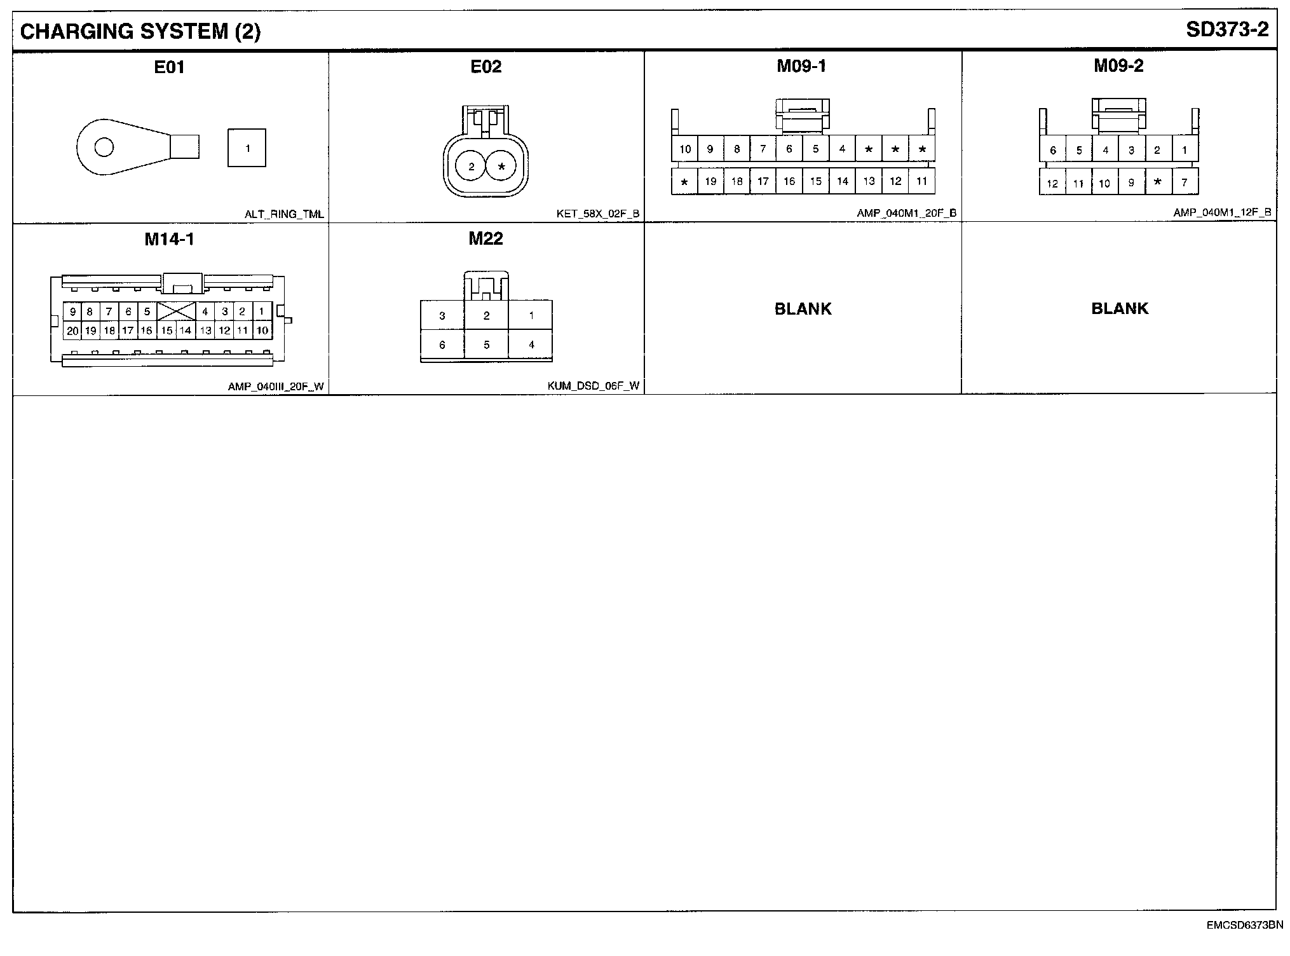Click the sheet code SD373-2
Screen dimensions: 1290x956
[1227, 29]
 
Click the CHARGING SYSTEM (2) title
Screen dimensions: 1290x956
[140, 31]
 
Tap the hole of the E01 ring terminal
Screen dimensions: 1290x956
[104, 147]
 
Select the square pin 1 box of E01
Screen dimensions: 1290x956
[247, 148]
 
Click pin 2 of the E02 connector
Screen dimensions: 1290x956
[472, 167]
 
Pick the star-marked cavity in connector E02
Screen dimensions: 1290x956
[502, 167]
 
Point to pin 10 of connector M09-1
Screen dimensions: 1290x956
[684, 149]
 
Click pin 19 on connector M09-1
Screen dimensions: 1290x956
[710, 181]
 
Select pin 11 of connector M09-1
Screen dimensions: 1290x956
[921, 181]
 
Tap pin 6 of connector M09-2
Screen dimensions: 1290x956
[1053, 151]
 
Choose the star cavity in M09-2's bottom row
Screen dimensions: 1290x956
[1158, 182]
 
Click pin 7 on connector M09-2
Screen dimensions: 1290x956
[1185, 182]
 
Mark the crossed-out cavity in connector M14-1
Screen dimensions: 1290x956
[176, 311]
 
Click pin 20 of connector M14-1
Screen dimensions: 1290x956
[72, 331]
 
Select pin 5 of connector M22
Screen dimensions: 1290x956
[487, 345]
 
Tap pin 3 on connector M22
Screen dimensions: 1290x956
[442, 315]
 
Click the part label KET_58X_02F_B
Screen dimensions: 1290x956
[597, 214]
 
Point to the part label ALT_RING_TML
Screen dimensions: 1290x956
[284, 214]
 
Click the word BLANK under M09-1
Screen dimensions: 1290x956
[803, 309]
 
